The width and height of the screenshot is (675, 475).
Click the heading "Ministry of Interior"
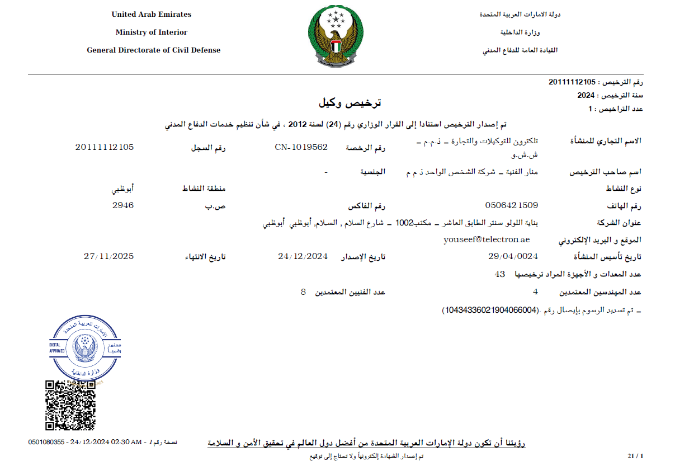tap(152, 32)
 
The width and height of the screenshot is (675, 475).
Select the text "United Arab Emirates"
tap(152, 15)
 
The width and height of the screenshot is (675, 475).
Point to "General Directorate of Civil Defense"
tap(154, 50)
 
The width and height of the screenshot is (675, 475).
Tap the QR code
tap(70, 405)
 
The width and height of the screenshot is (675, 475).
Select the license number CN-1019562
tap(301, 148)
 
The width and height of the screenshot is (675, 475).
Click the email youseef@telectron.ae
tap(487, 239)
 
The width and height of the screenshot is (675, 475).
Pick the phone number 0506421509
tap(512, 205)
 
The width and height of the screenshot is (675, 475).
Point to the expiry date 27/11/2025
tap(108, 256)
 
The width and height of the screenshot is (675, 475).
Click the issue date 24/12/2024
tap(303, 256)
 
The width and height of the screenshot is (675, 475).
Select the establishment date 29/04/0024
tap(513, 256)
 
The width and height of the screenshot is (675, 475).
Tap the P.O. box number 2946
tap(123, 205)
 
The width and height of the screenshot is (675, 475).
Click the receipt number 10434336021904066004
tap(489, 309)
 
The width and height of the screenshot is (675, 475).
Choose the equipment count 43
tap(500, 274)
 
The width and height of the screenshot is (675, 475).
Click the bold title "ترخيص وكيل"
tap(350, 104)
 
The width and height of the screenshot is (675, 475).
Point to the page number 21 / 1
tap(635, 457)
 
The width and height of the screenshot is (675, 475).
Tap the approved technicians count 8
tap(303, 292)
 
